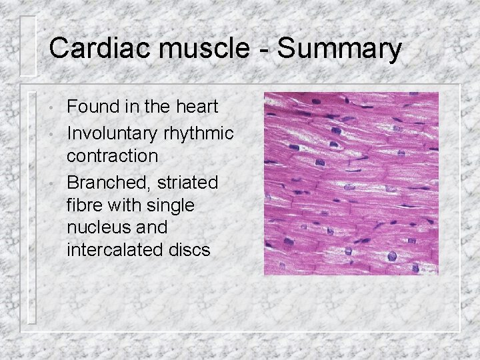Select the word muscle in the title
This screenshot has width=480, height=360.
[203, 49]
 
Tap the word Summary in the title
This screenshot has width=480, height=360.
[339, 49]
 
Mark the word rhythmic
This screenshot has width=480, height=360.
[198, 133]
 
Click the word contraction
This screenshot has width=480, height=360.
[113, 157]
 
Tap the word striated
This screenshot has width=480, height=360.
[189, 182]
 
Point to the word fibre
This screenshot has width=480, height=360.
[85, 205]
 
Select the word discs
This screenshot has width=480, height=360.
[188, 250]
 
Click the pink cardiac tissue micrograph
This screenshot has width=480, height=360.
[351, 183]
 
